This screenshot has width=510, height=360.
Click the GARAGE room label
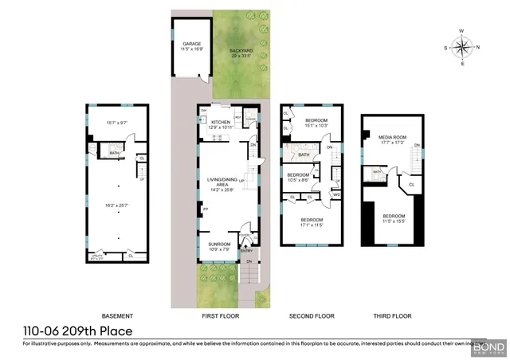point(191,44)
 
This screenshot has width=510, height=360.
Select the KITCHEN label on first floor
point(220,122)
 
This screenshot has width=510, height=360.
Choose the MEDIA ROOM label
point(392,137)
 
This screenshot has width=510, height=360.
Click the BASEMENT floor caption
point(117,316)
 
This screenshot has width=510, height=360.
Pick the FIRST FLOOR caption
point(220,316)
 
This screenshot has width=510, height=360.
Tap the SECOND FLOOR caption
point(311,316)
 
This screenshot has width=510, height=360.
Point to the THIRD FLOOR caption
point(392,316)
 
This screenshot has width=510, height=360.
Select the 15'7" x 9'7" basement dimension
point(116,123)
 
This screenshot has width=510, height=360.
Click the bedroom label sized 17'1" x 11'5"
point(312,219)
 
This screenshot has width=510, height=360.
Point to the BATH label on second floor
point(304,155)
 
